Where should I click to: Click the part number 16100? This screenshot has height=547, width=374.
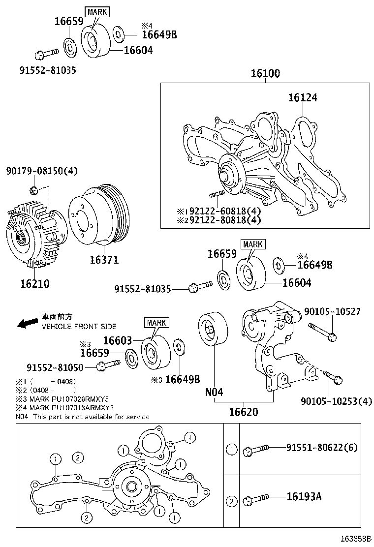[x=265, y=74]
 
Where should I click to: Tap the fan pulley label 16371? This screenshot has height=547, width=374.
[x=104, y=259]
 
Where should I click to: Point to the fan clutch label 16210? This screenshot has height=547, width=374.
[x=35, y=284]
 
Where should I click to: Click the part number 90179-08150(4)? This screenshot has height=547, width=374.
[x=42, y=171]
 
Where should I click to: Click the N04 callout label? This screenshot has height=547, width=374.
[x=214, y=393]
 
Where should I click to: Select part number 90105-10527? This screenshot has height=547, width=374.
[x=332, y=312]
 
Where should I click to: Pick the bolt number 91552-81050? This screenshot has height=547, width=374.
[x=55, y=367]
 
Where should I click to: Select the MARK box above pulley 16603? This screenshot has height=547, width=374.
[x=156, y=323]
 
